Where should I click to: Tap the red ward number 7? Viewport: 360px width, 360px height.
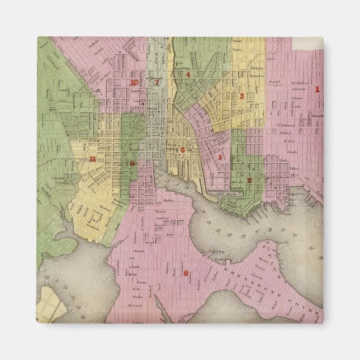click(x=158, y=83)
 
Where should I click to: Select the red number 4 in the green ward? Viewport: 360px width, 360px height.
click(x=188, y=74)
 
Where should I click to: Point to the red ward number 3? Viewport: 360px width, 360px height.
click(x=241, y=96)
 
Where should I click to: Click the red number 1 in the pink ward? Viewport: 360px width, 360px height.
click(x=316, y=89)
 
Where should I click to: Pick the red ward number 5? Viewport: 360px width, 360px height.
click(x=220, y=158)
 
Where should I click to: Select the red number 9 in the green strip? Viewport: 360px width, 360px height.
click(x=132, y=163)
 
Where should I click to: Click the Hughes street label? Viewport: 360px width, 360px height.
click(x=168, y=198)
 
